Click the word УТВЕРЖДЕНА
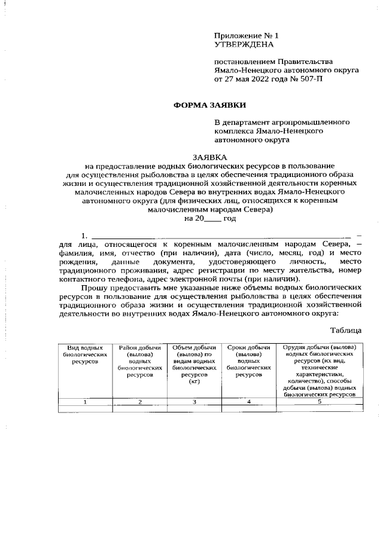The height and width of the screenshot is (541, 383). coord(244,44)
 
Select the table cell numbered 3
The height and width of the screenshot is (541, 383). coord(194,402)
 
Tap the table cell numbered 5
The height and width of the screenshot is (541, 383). coord(320,402)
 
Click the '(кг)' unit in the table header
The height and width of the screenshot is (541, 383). coord(194,382)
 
